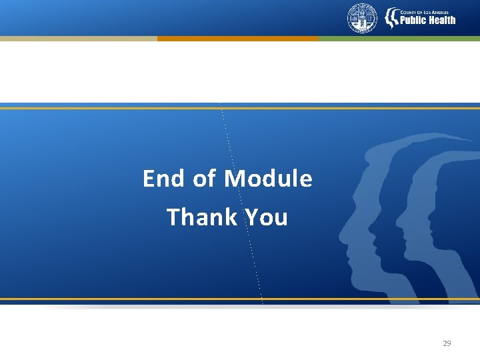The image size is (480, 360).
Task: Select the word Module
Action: click(x=268, y=179)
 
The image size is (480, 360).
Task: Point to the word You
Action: click(x=266, y=217)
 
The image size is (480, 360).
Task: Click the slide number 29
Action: click(x=447, y=343)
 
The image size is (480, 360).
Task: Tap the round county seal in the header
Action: click(x=362, y=18)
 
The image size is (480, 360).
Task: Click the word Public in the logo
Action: click(x=413, y=20)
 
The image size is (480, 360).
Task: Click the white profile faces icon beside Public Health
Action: click(x=391, y=18)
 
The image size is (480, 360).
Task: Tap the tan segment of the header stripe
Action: click(x=78, y=39)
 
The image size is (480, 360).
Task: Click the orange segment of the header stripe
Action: click(x=238, y=39)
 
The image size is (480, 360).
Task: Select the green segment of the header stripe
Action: click(x=399, y=39)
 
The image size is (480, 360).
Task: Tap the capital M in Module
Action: click(x=233, y=179)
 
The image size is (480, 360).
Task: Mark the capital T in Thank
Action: click(x=173, y=217)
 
